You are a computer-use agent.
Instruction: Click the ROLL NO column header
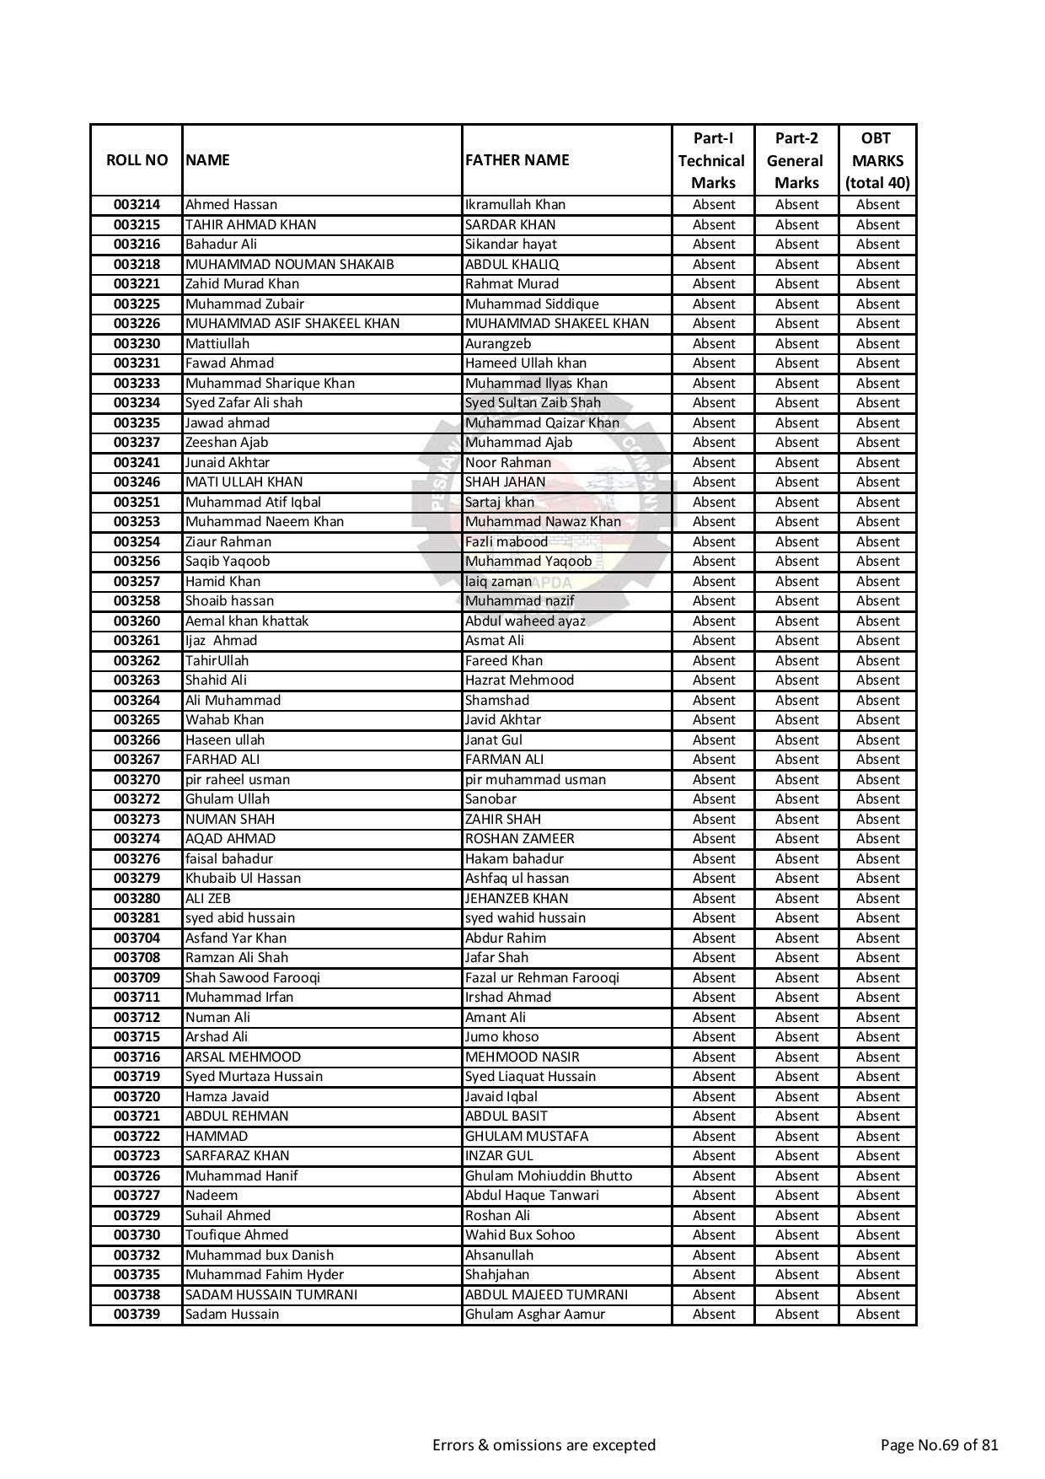point(137,160)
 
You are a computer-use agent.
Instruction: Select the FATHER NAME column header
point(517,160)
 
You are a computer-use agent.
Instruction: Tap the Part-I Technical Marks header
point(712,160)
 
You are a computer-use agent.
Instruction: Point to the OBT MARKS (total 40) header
point(876,160)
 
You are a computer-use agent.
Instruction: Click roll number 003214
point(137,205)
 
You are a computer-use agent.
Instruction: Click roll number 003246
point(137,482)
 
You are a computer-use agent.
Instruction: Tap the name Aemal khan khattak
point(247,621)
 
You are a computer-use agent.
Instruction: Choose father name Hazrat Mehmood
point(519,680)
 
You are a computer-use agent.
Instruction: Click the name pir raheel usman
point(238,779)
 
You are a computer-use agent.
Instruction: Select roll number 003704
point(137,938)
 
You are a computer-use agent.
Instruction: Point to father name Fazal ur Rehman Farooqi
point(542,977)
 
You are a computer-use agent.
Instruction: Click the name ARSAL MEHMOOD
point(243,1057)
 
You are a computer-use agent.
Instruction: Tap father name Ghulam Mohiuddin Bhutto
point(549,1175)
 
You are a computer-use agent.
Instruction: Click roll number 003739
point(137,1314)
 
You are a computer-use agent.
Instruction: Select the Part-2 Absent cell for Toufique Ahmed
point(796,1234)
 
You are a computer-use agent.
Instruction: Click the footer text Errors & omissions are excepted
point(544,1444)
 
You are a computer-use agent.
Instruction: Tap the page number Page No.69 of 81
point(939,1444)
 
